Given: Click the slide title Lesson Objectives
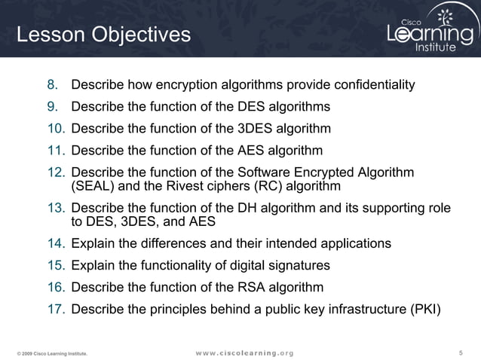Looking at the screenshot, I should (x=104, y=35).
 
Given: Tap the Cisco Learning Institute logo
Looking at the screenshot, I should (x=429, y=31).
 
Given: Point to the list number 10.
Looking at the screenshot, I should (x=58, y=128).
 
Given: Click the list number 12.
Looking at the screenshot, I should (x=58, y=172).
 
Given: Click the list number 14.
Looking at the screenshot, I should (x=58, y=244).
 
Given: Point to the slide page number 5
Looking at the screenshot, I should (x=461, y=352).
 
